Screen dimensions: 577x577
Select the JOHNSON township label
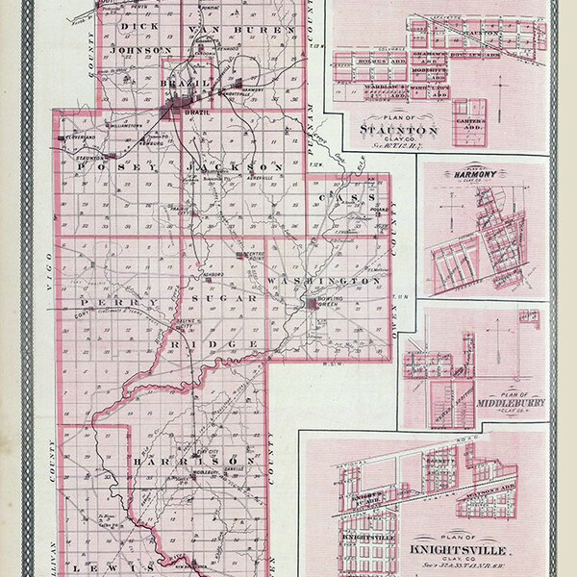point(141,49)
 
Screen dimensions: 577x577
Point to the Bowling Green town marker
point(313,303)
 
